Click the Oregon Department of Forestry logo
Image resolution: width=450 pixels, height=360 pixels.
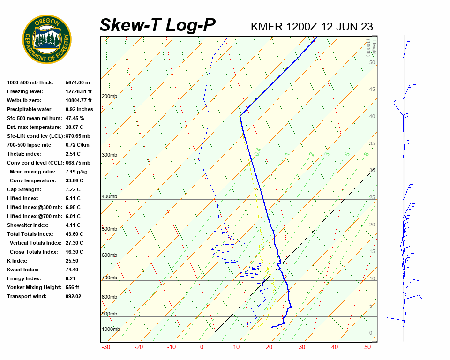(47, 39)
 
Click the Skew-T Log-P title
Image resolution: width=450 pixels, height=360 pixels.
(157, 25)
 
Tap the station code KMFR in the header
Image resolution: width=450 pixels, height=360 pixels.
(267, 26)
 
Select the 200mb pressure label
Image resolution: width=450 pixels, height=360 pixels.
(109, 97)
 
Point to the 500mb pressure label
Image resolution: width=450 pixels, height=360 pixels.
(109, 229)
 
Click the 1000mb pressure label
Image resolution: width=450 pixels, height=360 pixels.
(111, 330)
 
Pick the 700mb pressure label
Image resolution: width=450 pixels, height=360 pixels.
(109, 278)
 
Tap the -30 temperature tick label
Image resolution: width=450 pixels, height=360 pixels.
(106, 347)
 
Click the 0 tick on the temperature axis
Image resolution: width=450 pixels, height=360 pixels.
(202, 347)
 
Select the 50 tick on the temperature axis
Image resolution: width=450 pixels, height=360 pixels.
(367, 347)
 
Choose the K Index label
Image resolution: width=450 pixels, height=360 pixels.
(18, 261)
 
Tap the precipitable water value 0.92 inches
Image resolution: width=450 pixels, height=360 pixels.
(79, 109)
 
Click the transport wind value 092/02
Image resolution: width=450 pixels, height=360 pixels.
(74, 296)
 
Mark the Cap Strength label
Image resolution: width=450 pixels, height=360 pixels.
(24, 189)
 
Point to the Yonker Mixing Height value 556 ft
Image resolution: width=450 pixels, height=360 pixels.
(72, 287)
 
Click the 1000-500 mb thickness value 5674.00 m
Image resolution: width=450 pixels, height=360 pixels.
(78, 82)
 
